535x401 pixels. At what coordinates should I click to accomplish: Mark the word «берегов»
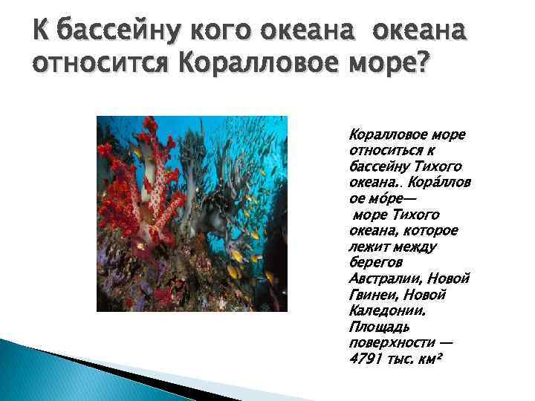pos(374,262)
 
